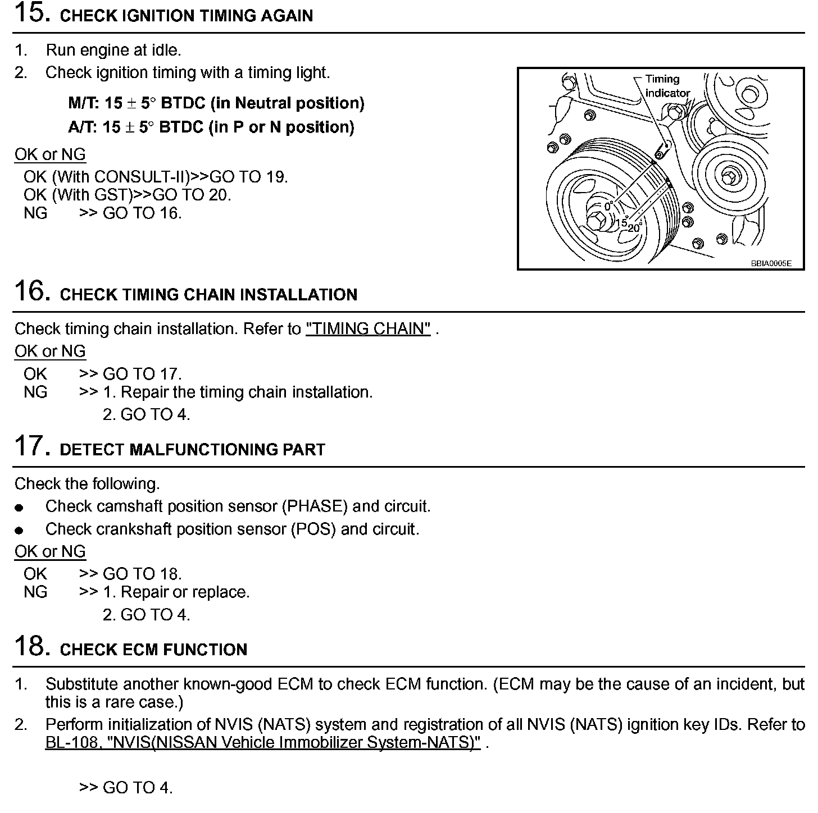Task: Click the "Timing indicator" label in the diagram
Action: coord(667,86)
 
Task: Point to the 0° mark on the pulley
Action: coord(608,207)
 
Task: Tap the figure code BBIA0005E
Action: coord(771,263)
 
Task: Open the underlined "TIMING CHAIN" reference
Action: coord(369,328)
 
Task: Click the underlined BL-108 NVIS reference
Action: coord(263,742)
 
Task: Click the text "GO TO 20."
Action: coord(192,195)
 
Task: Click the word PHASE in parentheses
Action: coord(315,506)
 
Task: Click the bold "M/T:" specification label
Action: coord(84,103)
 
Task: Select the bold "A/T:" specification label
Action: coord(83,127)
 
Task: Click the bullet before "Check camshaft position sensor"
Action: coord(20,508)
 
